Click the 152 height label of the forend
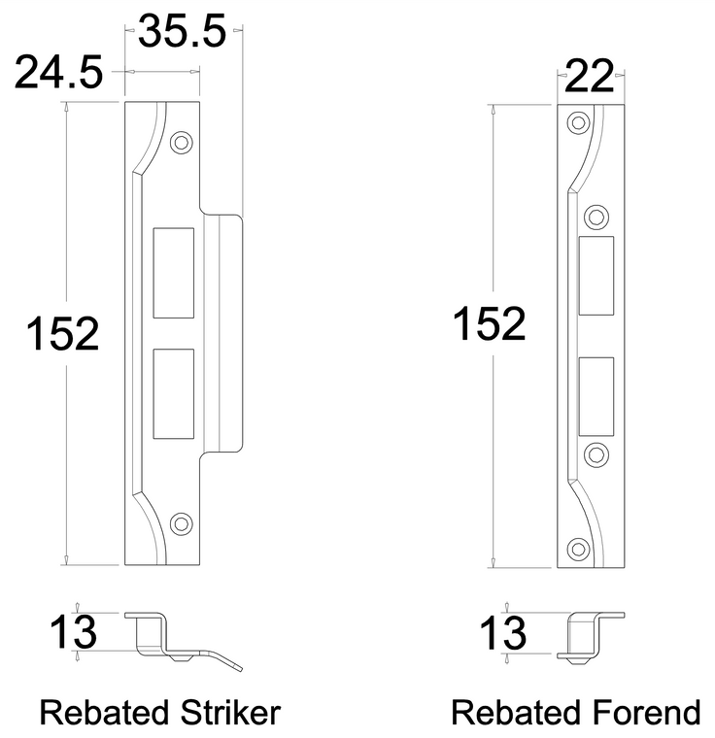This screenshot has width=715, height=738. click(x=489, y=324)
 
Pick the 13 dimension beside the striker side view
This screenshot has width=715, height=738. click(x=73, y=633)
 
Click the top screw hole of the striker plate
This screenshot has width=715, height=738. click(x=179, y=142)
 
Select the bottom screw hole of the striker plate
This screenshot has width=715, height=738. click(x=179, y=523)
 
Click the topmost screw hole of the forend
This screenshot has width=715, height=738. click(x=579, y=123)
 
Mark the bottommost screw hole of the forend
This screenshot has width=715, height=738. click(x=579, y=547)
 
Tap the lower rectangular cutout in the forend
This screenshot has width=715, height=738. click(x=596, y=396)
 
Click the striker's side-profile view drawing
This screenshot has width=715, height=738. click(x=175, y=639)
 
